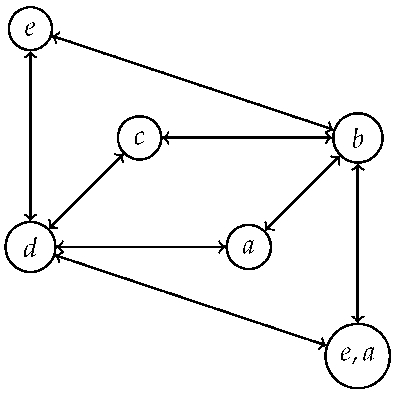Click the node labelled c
[140, 137]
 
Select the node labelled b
[358, 138]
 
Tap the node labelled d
[30, 247]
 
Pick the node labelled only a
[249, 247]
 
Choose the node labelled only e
[30, 29]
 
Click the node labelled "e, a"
[358, 356]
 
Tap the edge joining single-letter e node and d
[30, 135]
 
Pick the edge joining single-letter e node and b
[193, 81]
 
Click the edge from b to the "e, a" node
[358, 242]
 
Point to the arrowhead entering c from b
[165, 137]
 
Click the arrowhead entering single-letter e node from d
[30, 53]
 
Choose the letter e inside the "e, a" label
[345, 355]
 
